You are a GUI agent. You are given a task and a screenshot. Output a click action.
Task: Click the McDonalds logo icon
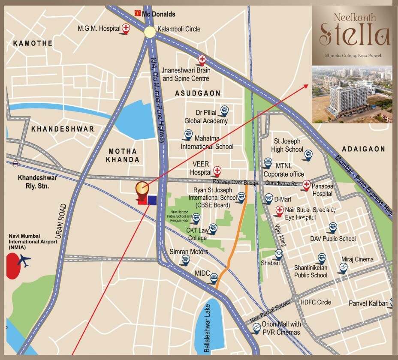click(138, 14)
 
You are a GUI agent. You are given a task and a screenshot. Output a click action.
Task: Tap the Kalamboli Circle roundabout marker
click(150, 32)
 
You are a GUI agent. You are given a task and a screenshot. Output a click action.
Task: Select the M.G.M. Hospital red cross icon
click(126, 28)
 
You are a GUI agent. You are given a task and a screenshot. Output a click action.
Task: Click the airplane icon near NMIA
click(25, 261)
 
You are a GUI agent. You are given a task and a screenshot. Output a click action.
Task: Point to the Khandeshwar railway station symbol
click(15, 163)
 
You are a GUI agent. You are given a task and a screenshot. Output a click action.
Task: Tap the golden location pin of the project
click(142, 189)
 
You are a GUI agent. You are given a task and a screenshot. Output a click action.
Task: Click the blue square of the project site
click(151, 200)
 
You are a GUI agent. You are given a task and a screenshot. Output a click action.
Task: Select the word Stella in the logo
click(354, 36)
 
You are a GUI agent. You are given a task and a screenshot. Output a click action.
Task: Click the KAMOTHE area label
click(33, 43)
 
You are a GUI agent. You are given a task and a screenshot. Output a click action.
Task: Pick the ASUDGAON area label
click(198, 93)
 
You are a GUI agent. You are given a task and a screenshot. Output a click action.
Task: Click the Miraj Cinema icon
click(343, 268)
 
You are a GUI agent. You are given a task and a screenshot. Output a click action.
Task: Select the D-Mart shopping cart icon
click(268, 199)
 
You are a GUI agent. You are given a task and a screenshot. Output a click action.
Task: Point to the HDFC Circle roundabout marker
click(295, 298)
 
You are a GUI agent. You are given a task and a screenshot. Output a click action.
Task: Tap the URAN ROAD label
click(61, 221)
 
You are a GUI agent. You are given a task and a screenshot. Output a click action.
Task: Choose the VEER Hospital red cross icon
click(217, 171)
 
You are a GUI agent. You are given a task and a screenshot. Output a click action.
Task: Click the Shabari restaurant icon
click(278, 254)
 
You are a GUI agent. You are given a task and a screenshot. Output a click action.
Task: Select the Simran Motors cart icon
click(186, 259)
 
